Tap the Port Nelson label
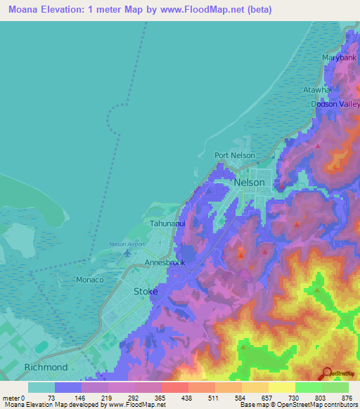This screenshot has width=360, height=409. tap(235, 156)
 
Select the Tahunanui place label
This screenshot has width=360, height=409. tap(167, 224)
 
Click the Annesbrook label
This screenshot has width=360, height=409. tap(165, 263)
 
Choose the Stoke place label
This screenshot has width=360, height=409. tap(146, 290)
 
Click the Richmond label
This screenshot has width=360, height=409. tap(46, 368)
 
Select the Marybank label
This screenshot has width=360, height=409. tap(339, 58)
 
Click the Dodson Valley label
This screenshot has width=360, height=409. tap(335, 105)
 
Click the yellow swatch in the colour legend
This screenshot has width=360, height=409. tap(282, 387)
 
